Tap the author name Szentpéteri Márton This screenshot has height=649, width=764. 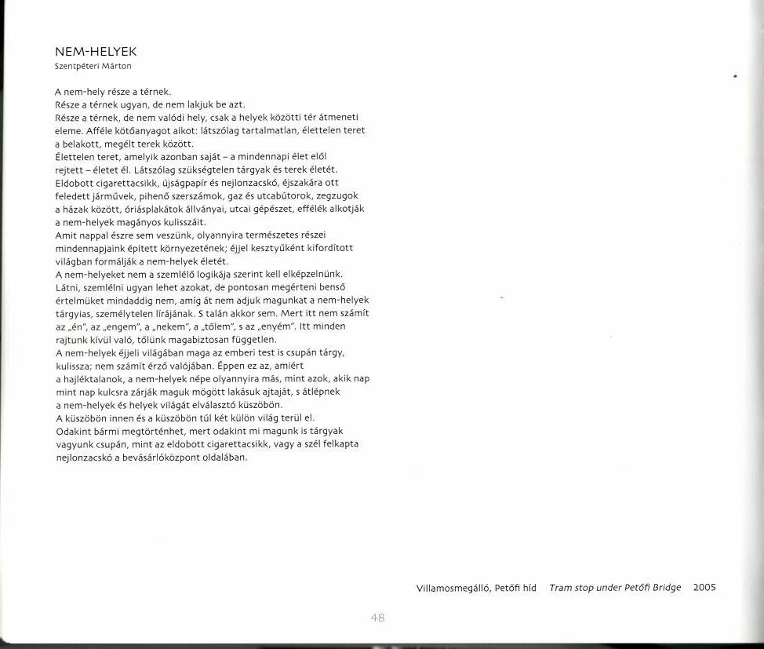[x=87, y=66]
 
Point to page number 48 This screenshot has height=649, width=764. [x=377, y=618]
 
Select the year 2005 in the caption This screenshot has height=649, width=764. [x=704, y=587]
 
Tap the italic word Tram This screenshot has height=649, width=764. [x=562, y=587]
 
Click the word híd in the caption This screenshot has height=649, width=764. [x=528, y=588]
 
